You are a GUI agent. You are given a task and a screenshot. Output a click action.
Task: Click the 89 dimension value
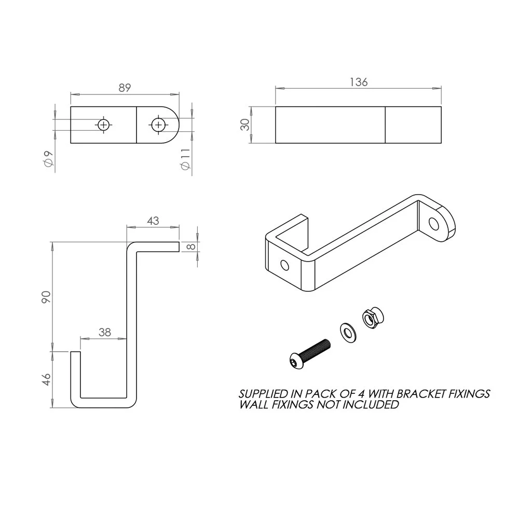125,88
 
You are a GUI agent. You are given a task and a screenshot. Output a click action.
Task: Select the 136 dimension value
359,82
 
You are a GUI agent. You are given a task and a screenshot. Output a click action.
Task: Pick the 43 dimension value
153,221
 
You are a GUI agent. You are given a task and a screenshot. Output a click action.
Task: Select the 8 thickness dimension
192,247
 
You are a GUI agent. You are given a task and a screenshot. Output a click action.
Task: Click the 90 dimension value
46,297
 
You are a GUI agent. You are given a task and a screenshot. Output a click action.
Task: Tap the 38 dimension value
105,332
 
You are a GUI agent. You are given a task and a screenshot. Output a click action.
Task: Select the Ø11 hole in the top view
158,125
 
